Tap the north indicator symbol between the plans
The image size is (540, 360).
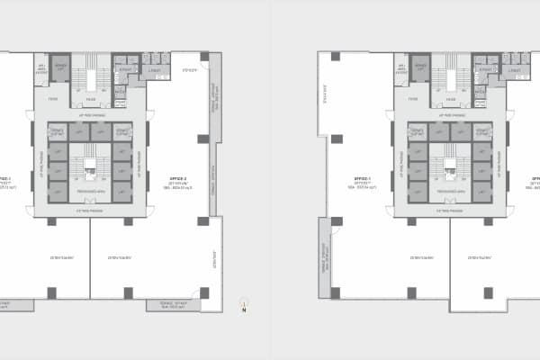[243, 306]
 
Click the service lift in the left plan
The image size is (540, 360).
[61, 68]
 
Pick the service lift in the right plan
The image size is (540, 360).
[420, 68]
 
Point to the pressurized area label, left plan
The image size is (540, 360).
[90, 191]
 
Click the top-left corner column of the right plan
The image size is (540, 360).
[335, 57]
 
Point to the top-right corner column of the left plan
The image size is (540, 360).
[204, 57]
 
